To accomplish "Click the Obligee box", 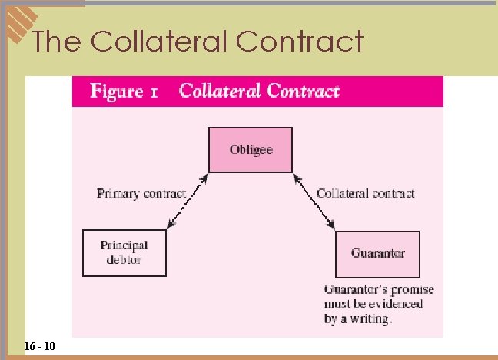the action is pyautogui.click(x=251, y=149).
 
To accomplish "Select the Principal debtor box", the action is pyautogui.click(x=124, y=253).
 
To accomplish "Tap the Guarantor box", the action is pyautogui.click(x=377, y=253).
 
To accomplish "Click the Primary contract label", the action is pyautogui.click(x=141, y=193).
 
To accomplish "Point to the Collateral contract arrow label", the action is pyautogui.click(x=366, y=193).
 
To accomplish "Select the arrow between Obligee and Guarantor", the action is pyautogui.click(x=314, y=202).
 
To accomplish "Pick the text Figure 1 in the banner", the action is pyautogui.click(x=124, y=92).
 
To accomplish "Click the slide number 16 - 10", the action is pyautogui.click(x=39, y=347).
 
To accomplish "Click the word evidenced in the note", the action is pyautogui.click(x=396, y=304).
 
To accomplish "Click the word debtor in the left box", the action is pyautogui.click(x=124, y=260).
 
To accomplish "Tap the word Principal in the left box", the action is pyautogui.click(x=124, y=245).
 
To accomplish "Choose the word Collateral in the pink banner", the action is pyautogui.click(x=221, y=92).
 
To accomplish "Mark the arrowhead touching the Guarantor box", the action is pyautogui.click(x=332, y=225).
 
